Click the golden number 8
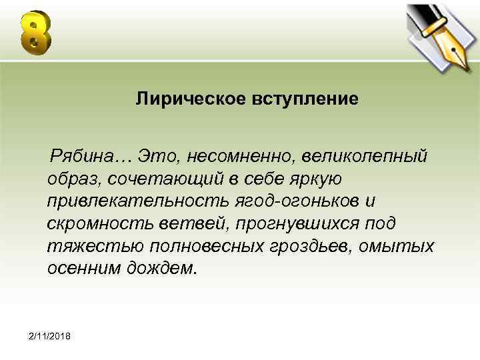pyautogui.click(x=35, y=33)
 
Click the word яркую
pyautogui.click(x=315, y=179)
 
